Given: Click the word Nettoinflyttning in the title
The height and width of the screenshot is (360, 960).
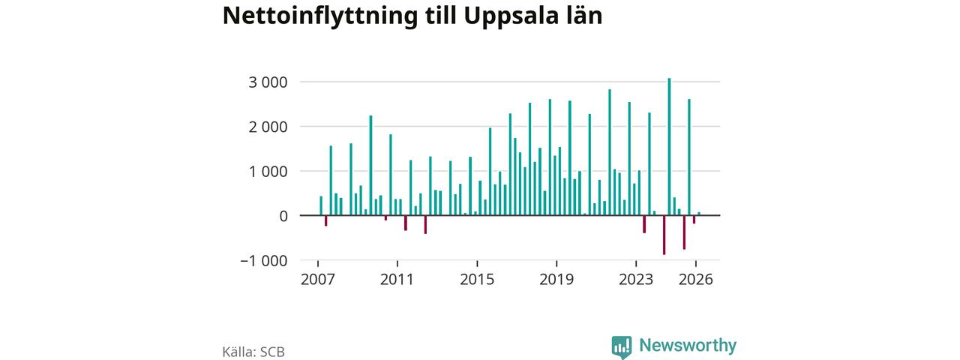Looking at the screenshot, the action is coord(319,16).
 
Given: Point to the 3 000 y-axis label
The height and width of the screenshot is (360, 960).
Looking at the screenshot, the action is coord(268,82).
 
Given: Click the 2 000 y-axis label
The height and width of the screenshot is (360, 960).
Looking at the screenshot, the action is coord(268,127).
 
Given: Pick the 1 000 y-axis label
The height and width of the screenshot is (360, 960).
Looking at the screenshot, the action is coord(268,172).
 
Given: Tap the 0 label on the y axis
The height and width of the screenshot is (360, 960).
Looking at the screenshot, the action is coord(283,217).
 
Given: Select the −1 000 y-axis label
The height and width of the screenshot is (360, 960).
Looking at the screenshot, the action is coord(263,260).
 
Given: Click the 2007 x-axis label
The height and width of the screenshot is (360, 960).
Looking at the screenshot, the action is coord(317,280).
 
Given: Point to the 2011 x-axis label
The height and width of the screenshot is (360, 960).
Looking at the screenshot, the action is coord(397,280).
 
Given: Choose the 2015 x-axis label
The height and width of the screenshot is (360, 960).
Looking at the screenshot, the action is coord(477,280).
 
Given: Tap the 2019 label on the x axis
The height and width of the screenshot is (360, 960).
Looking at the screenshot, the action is coord(556,280).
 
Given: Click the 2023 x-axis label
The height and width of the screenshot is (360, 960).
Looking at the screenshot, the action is coord(636,280).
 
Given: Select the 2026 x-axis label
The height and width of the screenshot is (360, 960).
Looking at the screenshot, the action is coord(695,280).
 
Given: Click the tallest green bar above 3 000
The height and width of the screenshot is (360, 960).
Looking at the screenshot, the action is coord(669,146).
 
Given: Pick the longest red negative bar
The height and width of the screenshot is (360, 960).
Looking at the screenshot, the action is coord(664,235).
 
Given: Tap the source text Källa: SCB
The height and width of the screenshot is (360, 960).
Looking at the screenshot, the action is coord(253,352).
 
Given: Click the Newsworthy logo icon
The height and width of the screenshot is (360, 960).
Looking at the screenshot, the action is coord(622,346).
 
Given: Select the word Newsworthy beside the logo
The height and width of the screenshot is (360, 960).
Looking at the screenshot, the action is coord(688,345).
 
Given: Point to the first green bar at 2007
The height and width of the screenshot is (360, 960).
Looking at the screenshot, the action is coord(321,205).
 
